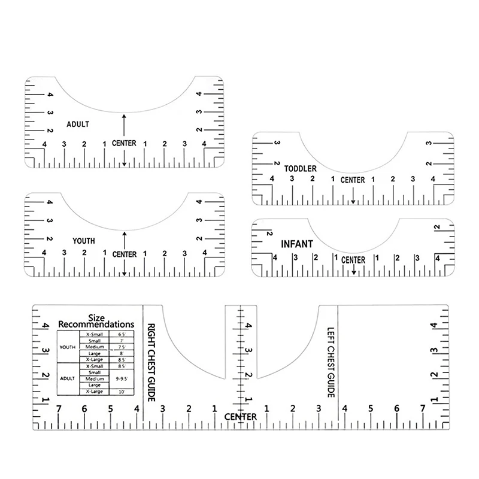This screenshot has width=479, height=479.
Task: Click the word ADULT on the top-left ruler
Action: point(78,124)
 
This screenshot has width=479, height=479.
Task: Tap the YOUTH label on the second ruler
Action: point(83,241)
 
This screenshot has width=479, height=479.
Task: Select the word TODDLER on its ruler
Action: point(301,169)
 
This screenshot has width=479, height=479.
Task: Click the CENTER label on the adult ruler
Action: point(124,143)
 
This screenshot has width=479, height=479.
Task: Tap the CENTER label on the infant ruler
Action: point(353,260)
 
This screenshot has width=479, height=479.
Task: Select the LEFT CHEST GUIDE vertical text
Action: point(329,362)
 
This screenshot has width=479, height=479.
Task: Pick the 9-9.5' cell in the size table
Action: point(122,378)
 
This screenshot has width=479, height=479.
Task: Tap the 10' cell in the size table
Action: point(122,392)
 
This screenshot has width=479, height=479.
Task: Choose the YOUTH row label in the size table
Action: point(67,347)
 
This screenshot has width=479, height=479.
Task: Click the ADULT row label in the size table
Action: point(67,378)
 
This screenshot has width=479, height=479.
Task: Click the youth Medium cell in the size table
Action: point(95,347)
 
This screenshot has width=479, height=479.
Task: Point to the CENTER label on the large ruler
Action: point(241,417)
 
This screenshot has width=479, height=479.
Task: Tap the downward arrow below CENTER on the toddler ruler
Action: point(353,195)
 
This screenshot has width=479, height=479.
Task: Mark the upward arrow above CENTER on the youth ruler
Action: point(124,240)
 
